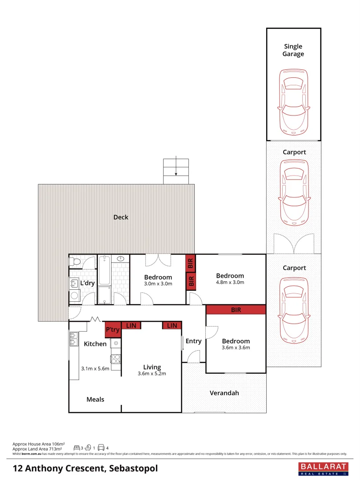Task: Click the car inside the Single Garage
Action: coord(293,102)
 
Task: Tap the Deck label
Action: coord(121,217)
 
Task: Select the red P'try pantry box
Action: coord(112,330)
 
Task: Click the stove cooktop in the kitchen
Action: coord(116,359)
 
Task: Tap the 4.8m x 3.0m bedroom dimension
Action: coord(230,282)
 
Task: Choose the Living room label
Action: coord(152,367)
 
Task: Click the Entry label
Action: coord(193,341)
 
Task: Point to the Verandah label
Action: coord(224,393)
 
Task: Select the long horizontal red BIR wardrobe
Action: coord(236,310)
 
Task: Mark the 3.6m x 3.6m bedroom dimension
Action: coord(236,348)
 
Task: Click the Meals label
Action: coord(95,400)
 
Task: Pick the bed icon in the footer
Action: coord(76,448)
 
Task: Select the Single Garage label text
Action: coord(293,50)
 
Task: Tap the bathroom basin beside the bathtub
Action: coord(120,259)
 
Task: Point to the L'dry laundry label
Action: coord(88,283)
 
